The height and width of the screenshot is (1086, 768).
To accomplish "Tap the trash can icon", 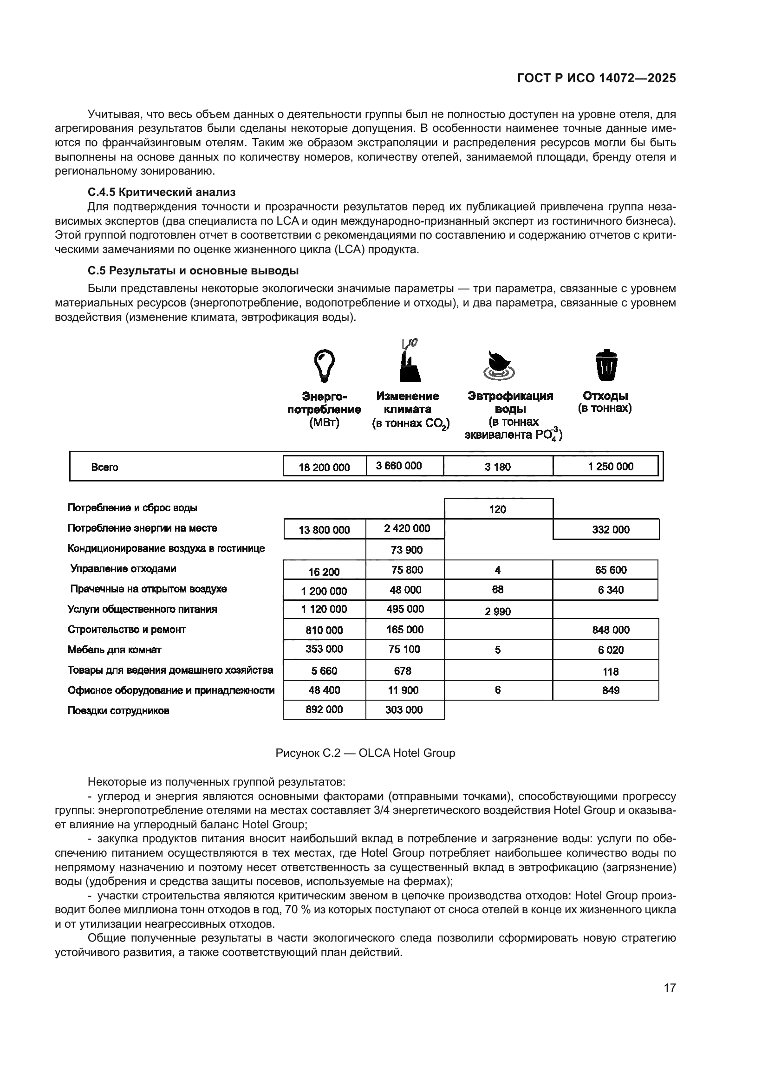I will [x=606, y=365].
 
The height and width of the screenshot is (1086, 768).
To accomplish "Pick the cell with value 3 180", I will [x=497, y=467].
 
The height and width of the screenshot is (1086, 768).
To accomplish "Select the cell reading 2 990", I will [x=497, y=611].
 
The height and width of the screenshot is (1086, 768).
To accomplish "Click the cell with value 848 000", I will [x=611, y=630].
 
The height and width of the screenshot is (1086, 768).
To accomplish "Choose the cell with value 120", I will [x=497, y=509].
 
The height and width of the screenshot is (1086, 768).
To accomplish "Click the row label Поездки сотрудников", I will [x=118, y=710].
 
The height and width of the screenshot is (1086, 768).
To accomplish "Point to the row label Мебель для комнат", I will [x=114, y=650].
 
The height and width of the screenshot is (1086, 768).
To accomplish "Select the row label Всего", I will [x=104, y=468].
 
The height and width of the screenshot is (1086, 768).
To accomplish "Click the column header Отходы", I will [x=605, y=396].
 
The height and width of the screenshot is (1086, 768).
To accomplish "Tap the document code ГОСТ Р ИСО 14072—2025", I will [x=596, y=78].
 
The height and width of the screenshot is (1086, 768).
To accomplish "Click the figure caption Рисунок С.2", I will [x=365, y=753].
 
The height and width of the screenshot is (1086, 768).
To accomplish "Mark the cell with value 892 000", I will [x=325, y=709].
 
